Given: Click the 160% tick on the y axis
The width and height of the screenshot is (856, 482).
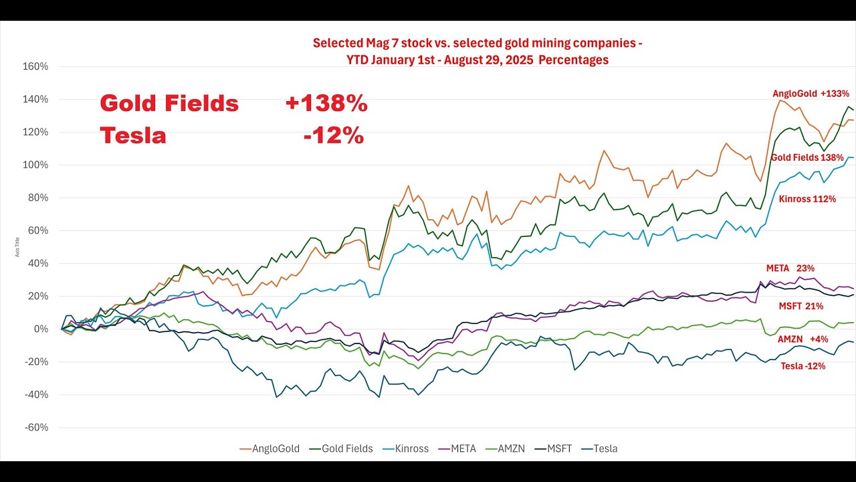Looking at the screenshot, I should [x=36, y=66].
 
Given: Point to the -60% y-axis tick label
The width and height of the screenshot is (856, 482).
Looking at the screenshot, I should [x=36, y=428].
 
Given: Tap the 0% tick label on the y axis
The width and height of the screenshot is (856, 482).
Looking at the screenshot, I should [x=41, y=329].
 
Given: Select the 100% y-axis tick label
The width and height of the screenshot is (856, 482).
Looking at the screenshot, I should [x=36, y=165].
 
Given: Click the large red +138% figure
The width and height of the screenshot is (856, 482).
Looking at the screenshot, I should [x=326, y=104].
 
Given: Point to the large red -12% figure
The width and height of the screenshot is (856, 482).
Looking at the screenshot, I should [x=333, y=136].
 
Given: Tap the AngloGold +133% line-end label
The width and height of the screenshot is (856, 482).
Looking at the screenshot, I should [x=811, y=94].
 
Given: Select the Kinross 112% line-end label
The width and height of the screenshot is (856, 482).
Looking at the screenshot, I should [x=807, y=199].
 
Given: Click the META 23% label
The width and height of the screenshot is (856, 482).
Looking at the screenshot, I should [x=794, y=268].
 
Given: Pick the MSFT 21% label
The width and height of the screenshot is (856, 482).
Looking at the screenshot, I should [x=800, y=306].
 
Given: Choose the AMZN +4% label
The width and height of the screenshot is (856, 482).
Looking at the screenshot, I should [x=802, y=339].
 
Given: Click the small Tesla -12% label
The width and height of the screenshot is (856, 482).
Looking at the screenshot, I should [x=802, y=366].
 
